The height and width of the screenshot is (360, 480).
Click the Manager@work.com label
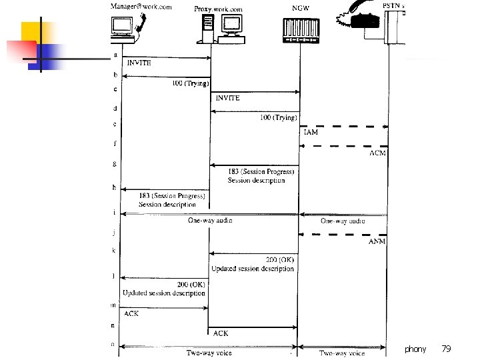point(141,7)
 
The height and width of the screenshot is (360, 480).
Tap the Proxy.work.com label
point(219,9)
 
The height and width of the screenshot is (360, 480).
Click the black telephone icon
point(365,19)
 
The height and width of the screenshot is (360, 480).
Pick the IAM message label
point(311,133)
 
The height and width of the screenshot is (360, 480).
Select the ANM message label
point(377,241)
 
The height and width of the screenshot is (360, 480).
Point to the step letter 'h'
point(114,187)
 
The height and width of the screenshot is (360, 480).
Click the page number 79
point(446,349)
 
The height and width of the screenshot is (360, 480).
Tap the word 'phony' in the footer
point(415,349)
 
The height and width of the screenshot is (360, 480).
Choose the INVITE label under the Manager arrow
point(139,63)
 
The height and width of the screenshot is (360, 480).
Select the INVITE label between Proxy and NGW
point(227,98)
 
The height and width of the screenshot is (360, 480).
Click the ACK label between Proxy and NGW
point(221,333)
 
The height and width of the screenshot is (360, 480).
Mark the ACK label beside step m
point(131,313)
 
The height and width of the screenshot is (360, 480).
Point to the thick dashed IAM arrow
point(343,126)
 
